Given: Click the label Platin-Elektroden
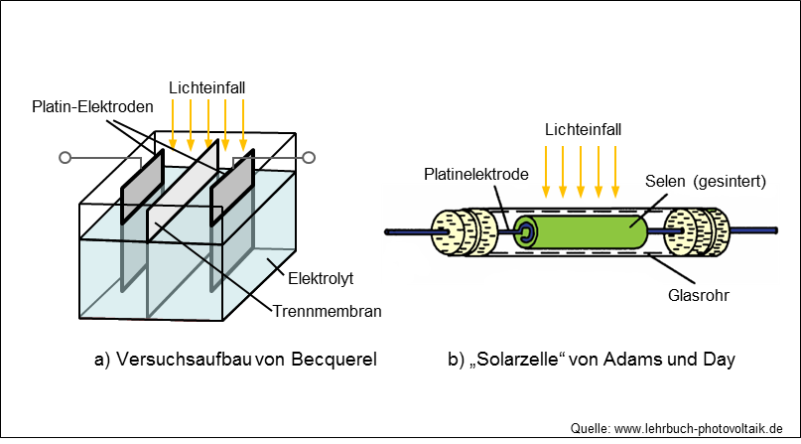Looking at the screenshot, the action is pos(92,107).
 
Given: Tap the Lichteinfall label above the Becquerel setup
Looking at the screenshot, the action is pos(206,87).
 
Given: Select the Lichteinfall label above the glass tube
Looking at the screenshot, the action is pos(583,130).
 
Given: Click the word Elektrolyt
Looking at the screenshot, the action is pos(321,278).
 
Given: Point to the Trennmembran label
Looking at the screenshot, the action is pos(327,311).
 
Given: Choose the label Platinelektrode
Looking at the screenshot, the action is pos(476,174).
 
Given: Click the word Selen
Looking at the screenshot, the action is pos(665,181).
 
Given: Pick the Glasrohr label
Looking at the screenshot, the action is pos(699,295).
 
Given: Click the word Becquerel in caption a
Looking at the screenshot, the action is pos(334,360).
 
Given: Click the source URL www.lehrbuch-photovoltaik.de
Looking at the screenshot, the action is pos(699,428).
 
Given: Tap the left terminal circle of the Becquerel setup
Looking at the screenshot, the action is pos(65,157).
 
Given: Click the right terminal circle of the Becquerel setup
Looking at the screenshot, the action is pos(309,157).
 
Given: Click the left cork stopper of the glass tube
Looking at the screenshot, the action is pos(465,232).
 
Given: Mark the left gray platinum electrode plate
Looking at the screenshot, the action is pos(142,187).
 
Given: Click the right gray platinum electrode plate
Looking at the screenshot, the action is pos(232,187).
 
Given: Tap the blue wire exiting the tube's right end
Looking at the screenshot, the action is pos(753,231).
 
